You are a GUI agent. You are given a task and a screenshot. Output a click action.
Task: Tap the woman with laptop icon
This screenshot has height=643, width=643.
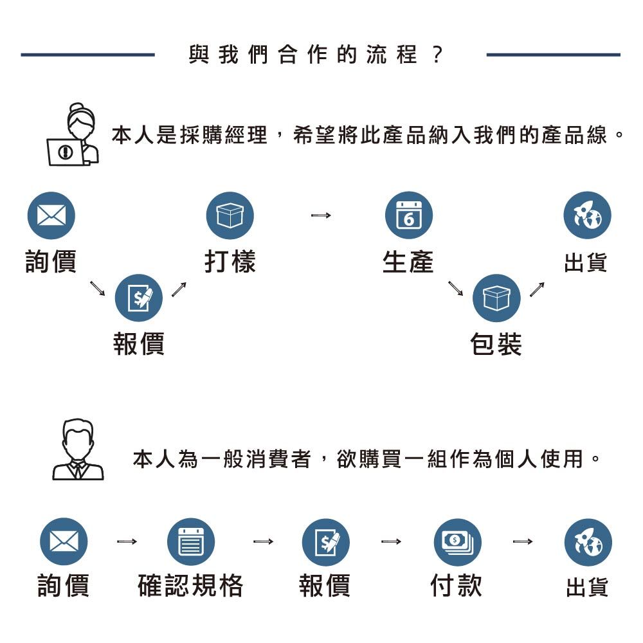pyautogui.click(x=75, y=135)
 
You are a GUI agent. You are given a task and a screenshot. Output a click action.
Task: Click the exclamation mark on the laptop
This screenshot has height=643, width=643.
pyautogui.click(x=65, y=152)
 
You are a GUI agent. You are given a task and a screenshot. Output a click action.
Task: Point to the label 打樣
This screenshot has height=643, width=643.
pyautogui.click(x=230, y=262)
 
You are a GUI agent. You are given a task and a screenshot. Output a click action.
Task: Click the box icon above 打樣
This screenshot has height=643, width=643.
pyautogui.click(x=230, y=215)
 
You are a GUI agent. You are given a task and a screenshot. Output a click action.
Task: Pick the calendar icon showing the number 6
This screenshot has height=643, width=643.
pyautogui.click(x=408, y=215)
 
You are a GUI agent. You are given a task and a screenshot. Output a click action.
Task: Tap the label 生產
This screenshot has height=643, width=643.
pyautogui.click(x=408, y=262)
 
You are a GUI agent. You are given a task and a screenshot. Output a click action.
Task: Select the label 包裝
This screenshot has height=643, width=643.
pyautogui.click(x=496, y=344)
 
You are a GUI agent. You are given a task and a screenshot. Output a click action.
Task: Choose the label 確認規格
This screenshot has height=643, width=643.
pyautogui.click(x=191, y=586)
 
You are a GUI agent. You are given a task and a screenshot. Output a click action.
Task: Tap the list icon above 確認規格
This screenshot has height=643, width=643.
pyautogui.click(x=191, y=542)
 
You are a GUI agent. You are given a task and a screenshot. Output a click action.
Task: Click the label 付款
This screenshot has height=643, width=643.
pyautogui.click(x=456, y=586)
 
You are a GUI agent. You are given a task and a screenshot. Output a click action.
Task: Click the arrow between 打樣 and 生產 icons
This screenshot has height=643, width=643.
pyautogui.click(x=320, y=215)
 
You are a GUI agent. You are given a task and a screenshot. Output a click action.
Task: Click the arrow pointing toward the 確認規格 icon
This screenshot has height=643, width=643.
pyautogui.click(x=127, y=542)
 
